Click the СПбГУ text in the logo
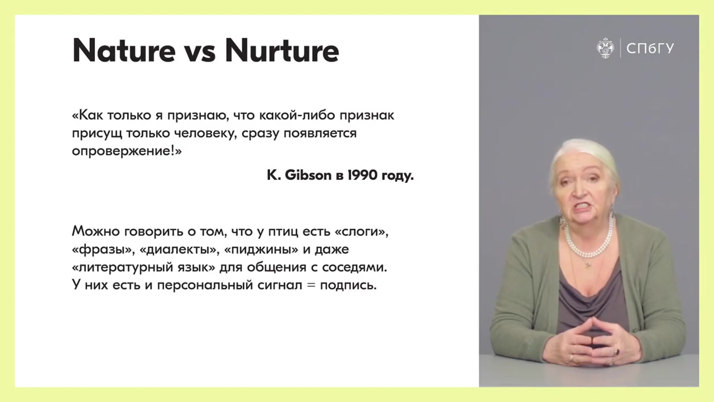coord(650,49)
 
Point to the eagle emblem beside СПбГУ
coord(605,48)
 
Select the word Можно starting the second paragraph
coord(96,231)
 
